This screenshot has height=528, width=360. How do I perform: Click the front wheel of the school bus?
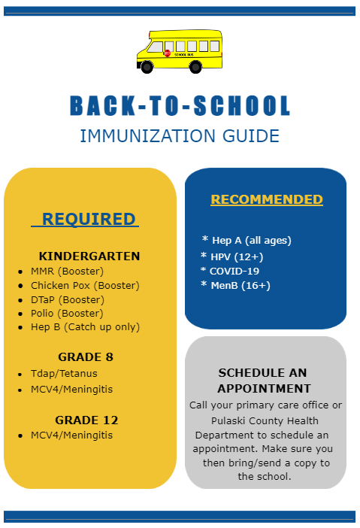tap(147, 67)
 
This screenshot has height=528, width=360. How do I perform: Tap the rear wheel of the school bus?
tap(195, 67)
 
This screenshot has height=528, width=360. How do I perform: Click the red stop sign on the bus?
tap(167, 53)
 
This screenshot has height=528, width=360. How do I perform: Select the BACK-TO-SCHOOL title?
tap(180, 105)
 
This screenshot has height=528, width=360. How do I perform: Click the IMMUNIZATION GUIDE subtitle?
tap(180, 136)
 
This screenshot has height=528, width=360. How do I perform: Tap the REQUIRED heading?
tap(89, 219)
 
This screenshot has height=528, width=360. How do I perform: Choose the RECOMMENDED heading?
tap(267, 199)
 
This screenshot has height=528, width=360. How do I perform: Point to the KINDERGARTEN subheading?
tap(89, 256)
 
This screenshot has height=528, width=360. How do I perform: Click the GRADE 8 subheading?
tap(86, 357)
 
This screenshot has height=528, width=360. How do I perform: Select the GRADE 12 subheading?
tap(86, 420)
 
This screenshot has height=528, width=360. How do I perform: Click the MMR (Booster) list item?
tap(68, 271)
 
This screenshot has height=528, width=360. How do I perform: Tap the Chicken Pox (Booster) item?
tap(85, 286)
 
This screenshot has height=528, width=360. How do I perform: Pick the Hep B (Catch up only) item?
tap(85, 327)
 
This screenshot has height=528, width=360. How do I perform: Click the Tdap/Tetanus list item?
tap(64, 374)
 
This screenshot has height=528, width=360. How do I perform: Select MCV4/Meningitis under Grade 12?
tap(71, 435)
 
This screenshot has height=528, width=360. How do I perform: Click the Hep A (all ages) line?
tap(251, 241)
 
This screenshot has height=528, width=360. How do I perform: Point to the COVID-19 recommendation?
tap(234, 271)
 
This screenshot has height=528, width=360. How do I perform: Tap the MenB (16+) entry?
tap(241, 286)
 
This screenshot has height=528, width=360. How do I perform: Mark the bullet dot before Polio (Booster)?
tap(20, 314)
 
